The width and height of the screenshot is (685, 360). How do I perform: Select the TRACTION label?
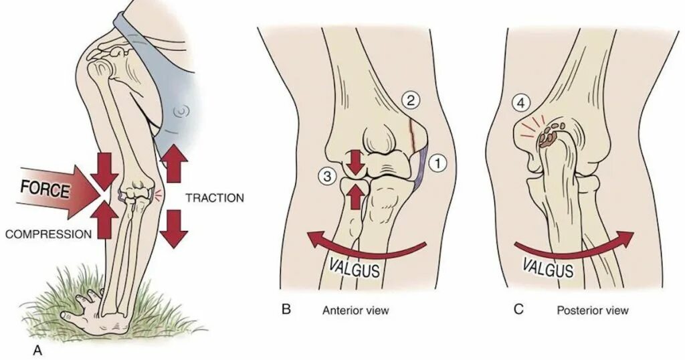214,198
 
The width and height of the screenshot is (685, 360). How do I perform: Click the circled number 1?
437,162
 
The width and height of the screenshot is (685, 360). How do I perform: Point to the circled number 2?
410,102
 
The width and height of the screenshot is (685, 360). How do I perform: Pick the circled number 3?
327,177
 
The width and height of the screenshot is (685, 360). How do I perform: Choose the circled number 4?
520,104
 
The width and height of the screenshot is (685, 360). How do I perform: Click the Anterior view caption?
355,310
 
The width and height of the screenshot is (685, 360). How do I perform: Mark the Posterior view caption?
593,310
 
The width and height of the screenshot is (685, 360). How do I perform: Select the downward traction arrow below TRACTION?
174,229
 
